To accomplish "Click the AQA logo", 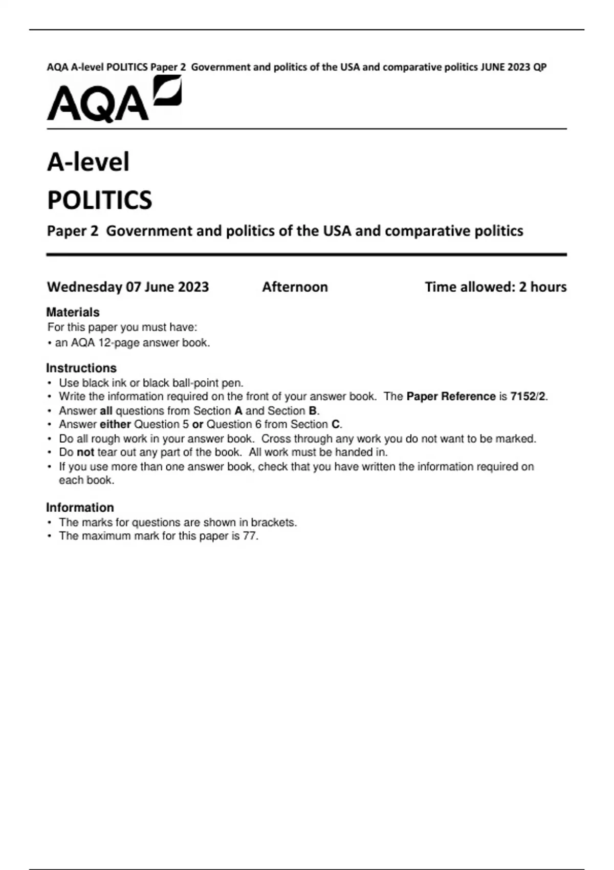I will (x=114, y=99).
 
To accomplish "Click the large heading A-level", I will (x=88, y=162).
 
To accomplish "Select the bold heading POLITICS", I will (x=99, y=200).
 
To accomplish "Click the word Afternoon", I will (x=295, y=287).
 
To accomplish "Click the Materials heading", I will (x=73, y=312).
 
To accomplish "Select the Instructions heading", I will (x=81, y=368).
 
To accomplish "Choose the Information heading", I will (x=80, y=508).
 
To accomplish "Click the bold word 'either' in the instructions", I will (x=115, y=425).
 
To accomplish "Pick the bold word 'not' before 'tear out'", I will (x=85, y=452).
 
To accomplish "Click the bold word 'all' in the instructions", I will (x=106, y=411).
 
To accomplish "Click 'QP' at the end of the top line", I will (x=540, y=67).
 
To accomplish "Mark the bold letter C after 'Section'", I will (x=336, y=425).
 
